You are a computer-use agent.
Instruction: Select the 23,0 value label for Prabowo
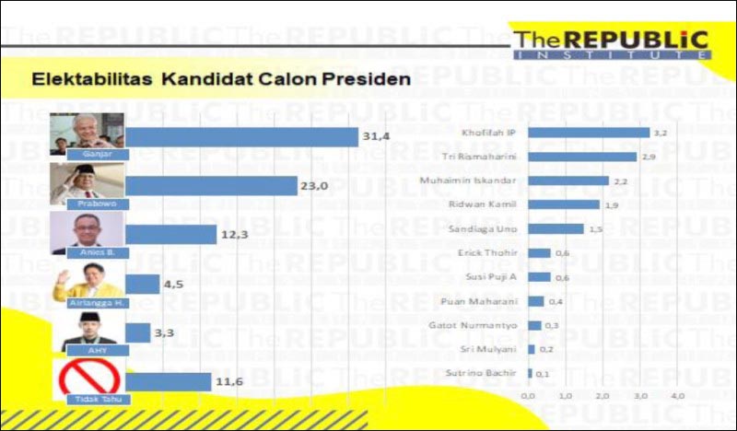[x=314, y=185]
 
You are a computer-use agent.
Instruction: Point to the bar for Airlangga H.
[x=143, y=284]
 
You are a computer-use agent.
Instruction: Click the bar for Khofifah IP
[x=590, y=133]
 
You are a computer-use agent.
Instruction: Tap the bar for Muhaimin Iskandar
[x=569, y=181]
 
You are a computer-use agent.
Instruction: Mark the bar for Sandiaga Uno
[x=556, y=228]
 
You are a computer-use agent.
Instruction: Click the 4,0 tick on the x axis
[x=676, y=395]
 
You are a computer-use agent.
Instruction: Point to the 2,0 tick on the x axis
[x=602, y=395]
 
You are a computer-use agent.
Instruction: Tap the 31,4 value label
[x=377, y=136]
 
